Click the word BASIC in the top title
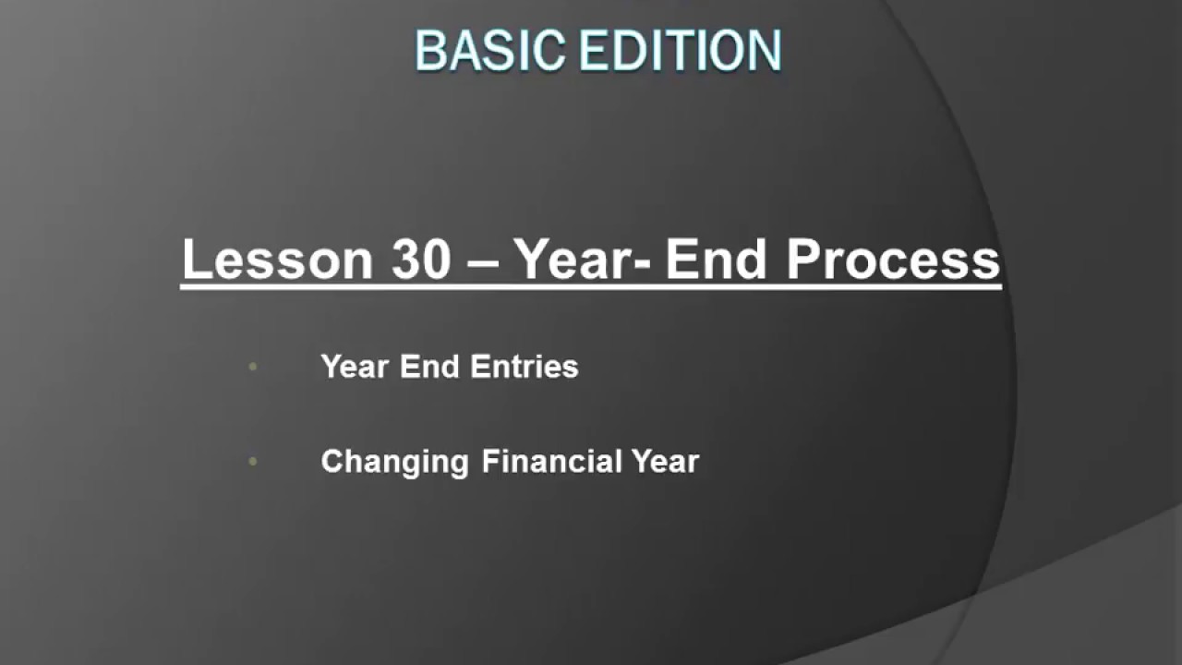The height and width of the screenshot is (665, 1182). pos(489,51)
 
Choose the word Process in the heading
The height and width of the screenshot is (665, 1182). pos(894,260)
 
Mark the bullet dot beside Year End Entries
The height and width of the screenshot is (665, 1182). pos(253,368)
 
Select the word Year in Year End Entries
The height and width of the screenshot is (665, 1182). pos(356,367)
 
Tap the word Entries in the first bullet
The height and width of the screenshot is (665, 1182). pos(524,367)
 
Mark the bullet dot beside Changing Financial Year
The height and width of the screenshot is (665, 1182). pos(253,461)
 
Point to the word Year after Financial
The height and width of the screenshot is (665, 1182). pos(665,461)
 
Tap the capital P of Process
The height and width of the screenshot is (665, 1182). pos(804,260)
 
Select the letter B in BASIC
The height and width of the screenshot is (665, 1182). pos(430,51)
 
